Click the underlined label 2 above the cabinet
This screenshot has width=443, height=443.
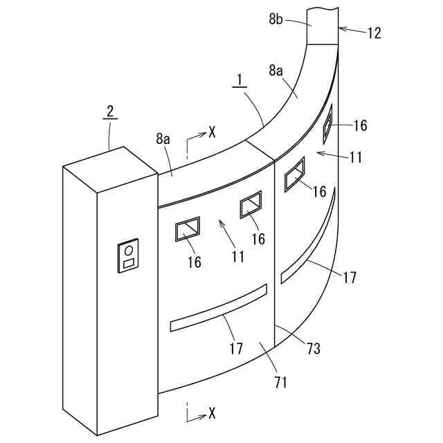[109, 111]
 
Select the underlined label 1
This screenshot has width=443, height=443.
[239, 81]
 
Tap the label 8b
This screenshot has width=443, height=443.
[277, 20]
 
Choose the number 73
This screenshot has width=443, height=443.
[313, 349]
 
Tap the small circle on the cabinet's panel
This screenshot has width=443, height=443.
[129, 250]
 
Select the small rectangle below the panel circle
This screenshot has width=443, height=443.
[129, 264]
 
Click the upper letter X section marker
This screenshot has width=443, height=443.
[212, 132]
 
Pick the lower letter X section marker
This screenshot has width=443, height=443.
[212, 413]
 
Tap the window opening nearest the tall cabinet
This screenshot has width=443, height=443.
[188, 229]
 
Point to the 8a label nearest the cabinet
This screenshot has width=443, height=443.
[163, 139]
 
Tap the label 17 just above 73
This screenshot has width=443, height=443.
[350, 277]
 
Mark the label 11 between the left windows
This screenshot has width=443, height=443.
[238, 257]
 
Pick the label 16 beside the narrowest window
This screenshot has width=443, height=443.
[360, 125]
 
